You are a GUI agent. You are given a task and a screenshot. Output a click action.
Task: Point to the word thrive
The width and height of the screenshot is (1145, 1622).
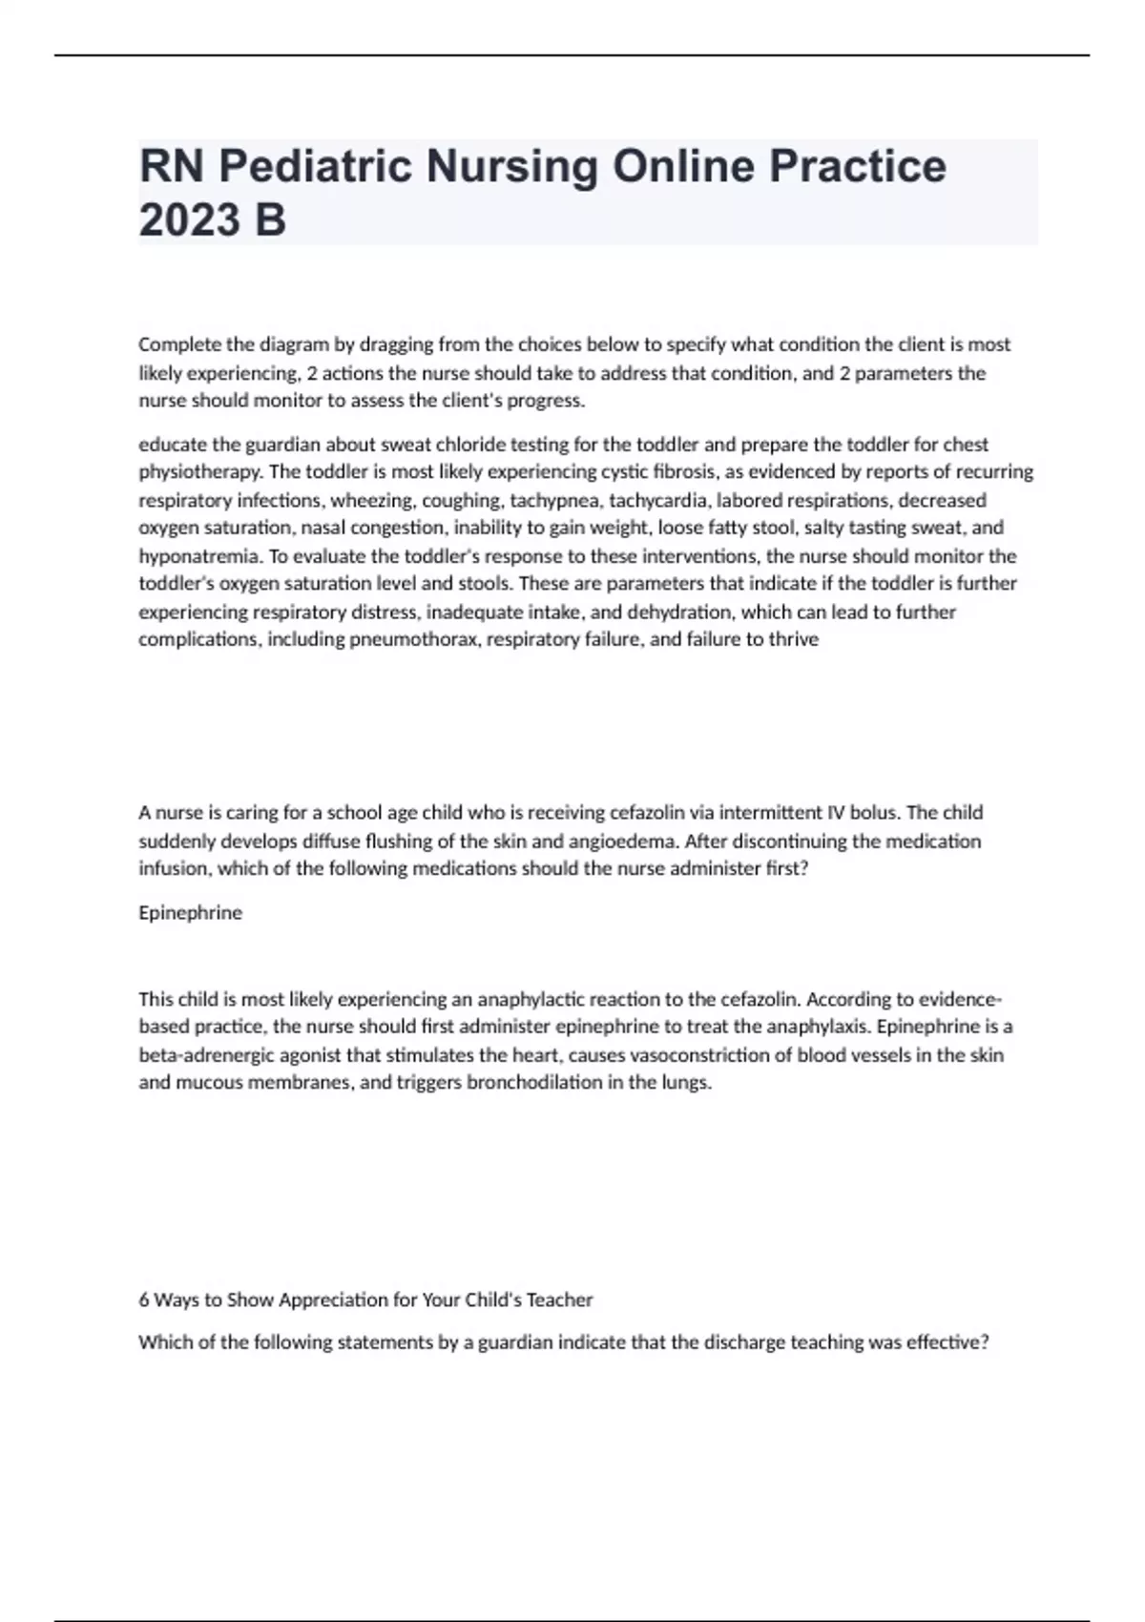(795, 639)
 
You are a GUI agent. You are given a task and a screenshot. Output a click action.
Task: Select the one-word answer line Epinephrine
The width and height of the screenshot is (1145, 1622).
(191, 913)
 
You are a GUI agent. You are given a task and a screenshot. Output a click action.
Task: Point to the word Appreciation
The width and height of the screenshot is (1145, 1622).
(327, 1300)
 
